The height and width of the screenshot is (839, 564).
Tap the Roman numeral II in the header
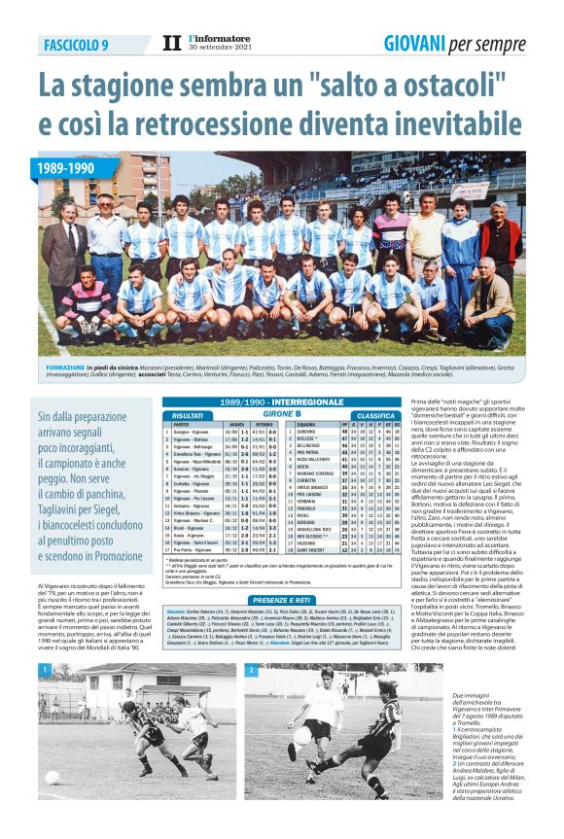click(x=171, y=44)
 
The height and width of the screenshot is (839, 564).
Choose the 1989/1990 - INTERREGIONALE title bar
click(x=267, y=402)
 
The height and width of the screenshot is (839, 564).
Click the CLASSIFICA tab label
click(x=374, y=415)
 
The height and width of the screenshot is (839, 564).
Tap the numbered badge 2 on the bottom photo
click(x=251, y=671)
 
